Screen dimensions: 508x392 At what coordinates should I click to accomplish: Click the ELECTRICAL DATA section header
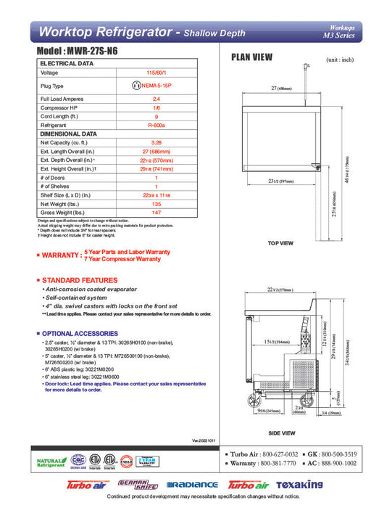(67, 64)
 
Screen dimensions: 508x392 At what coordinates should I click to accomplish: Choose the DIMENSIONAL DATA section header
(69, 134)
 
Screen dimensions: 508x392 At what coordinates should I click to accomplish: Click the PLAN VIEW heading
(251, 57)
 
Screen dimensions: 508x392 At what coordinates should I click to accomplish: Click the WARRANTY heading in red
(60, 255)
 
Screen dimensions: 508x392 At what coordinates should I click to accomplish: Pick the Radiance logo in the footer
(192, 485)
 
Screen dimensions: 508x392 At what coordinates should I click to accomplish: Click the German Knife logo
(133, 484)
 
